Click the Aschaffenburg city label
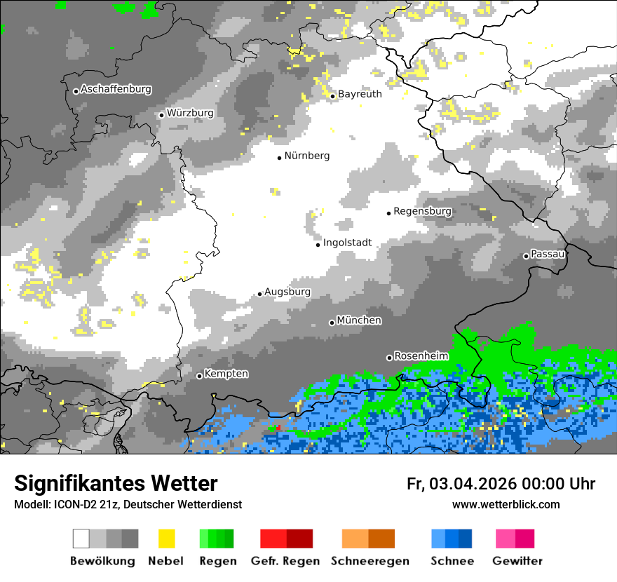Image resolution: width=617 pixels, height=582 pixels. point(116,90)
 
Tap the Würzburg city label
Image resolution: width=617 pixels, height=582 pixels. point(190,113)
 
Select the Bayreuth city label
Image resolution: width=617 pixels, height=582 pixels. point(360,94)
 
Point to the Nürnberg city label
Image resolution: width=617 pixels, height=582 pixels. point(306,156)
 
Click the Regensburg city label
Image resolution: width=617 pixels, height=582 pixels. point(422,211)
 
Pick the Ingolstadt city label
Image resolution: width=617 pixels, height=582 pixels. point(347,243)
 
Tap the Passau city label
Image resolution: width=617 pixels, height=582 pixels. point(548,254)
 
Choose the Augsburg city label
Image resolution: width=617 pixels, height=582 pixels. point(287,292)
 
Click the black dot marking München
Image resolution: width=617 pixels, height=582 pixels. point(332,323)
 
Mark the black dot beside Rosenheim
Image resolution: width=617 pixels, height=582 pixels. point(389,358)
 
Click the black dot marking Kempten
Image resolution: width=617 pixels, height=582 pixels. point(199,376)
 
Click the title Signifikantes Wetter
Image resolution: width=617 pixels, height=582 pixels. point(116,484)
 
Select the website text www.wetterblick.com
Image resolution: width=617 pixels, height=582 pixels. point(506,505)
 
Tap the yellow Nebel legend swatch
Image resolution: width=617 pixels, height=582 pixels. point(166,539)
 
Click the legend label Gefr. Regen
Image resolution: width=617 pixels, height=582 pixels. point(285,561)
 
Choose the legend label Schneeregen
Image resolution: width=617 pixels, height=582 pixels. point(370,561)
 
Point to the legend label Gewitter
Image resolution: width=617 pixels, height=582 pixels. point(517,561)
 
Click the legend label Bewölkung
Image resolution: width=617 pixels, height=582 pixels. point(102,561)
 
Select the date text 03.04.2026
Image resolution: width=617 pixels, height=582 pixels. point(471,484)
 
